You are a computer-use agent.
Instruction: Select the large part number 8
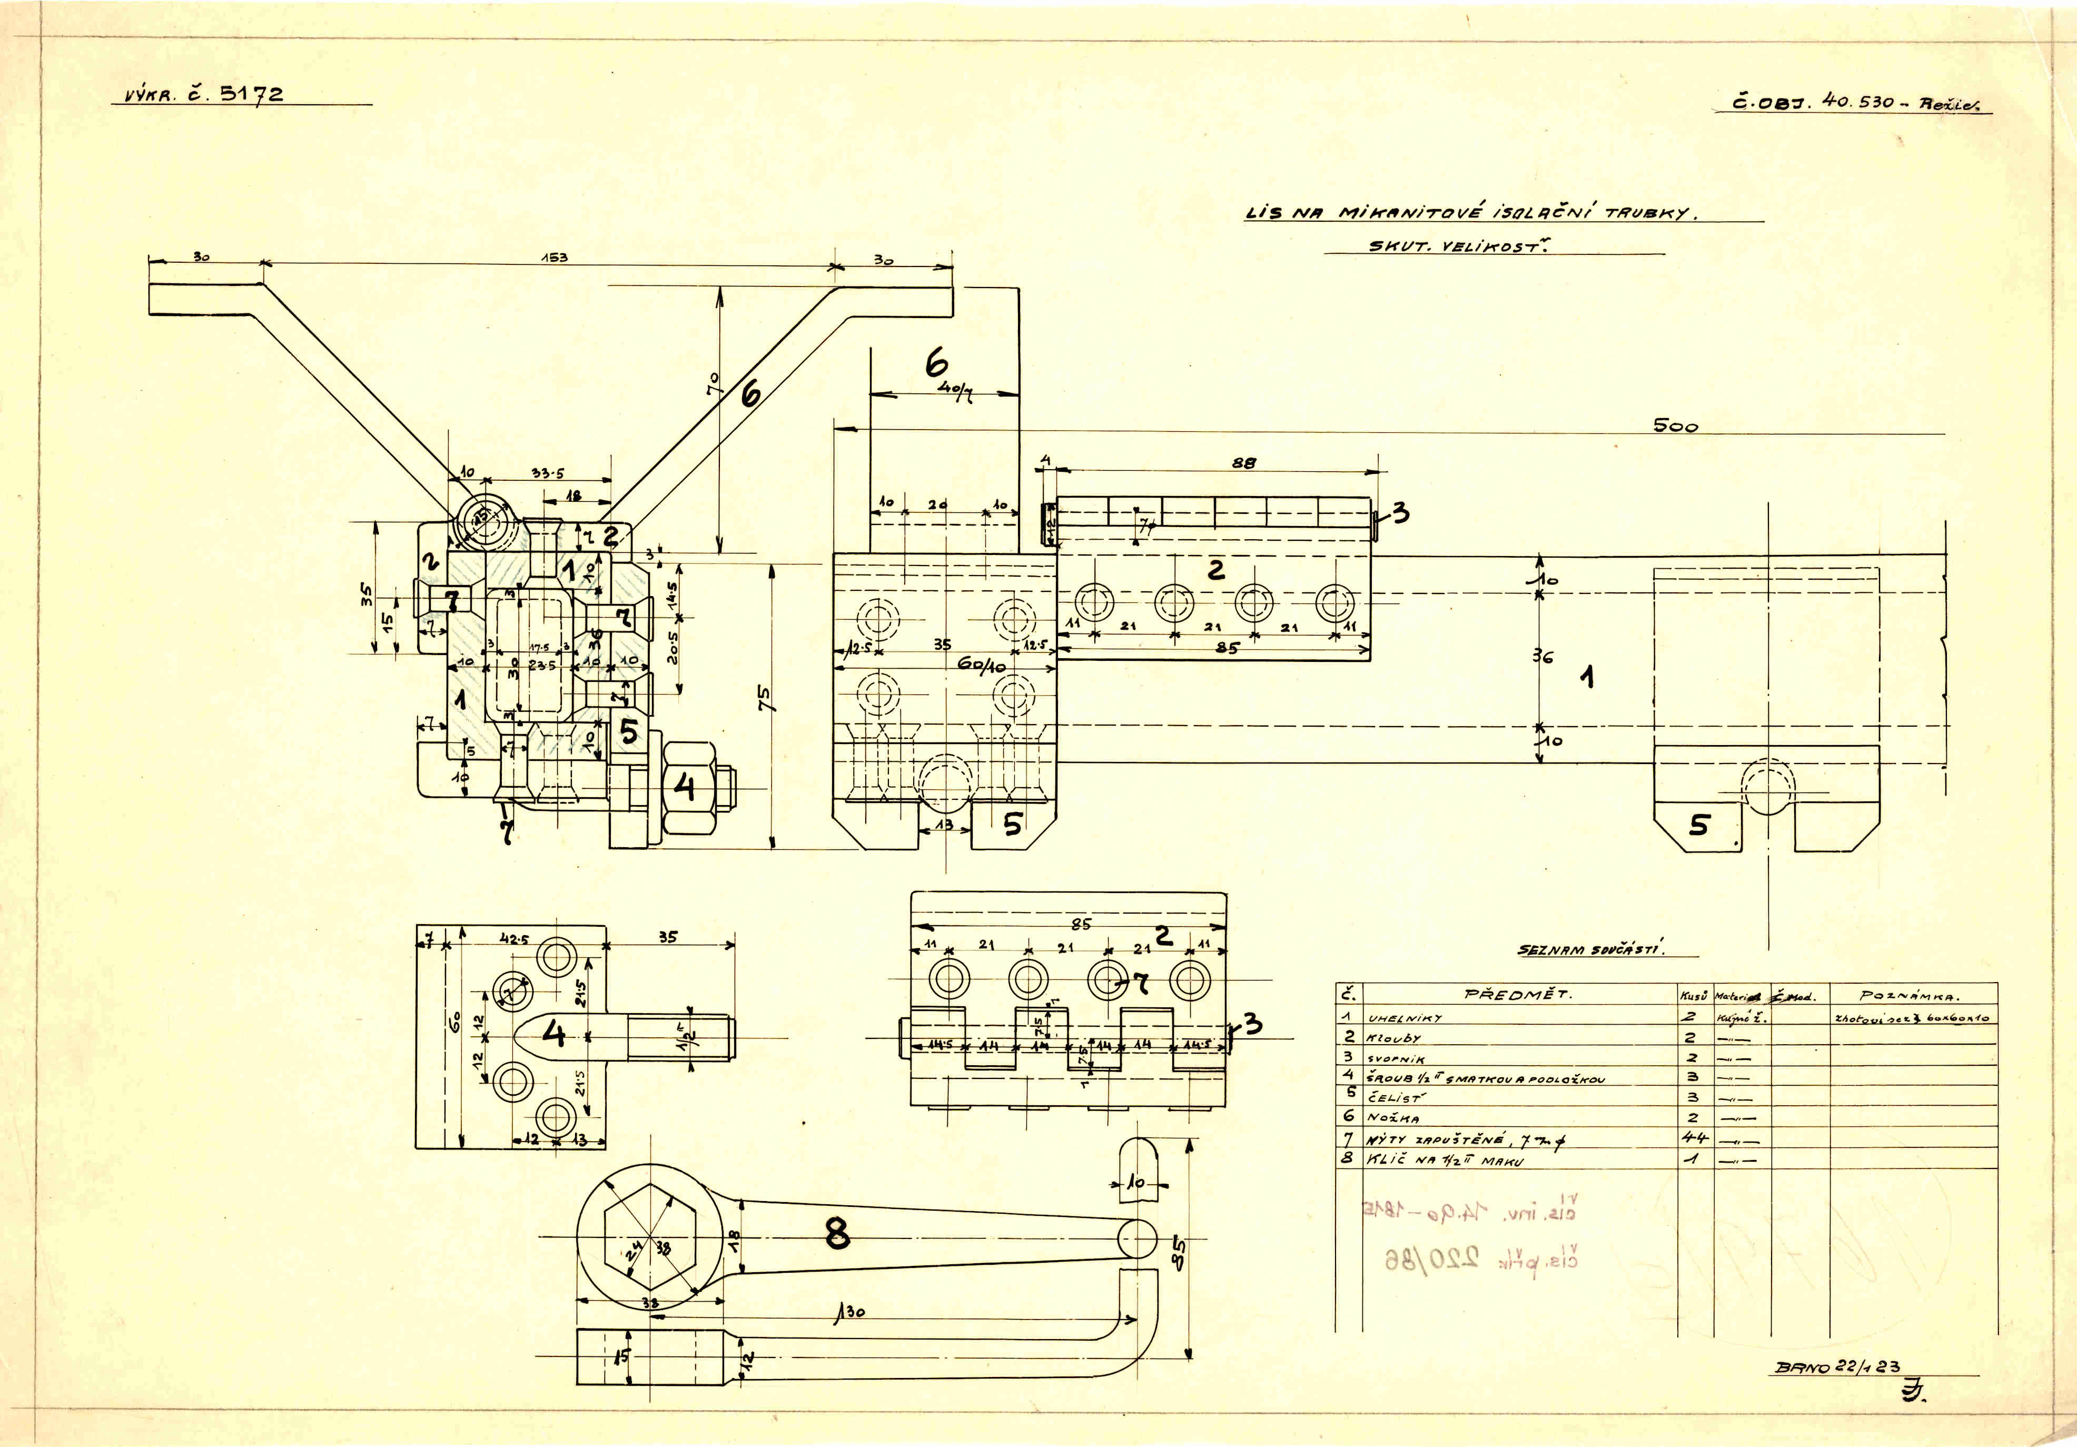point(838,1234)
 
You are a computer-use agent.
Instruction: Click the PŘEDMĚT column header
point(1519,995)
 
